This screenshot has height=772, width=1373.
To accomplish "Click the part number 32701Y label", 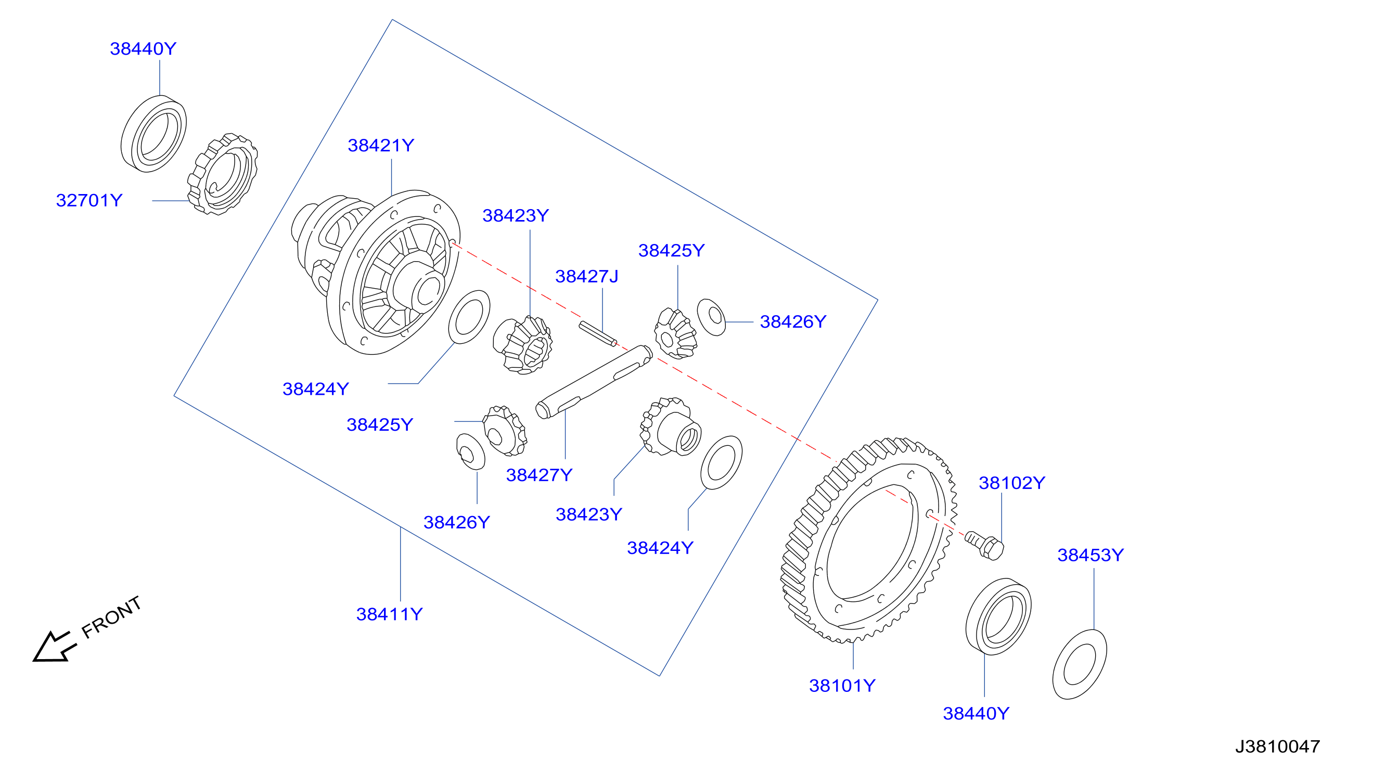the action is click(x=89, y=200).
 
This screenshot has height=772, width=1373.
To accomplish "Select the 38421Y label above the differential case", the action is click(x=380, y=146).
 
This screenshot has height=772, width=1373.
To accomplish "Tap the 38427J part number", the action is click(x=586, y=277).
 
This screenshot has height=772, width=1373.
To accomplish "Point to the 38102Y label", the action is click(x=1011, y=483).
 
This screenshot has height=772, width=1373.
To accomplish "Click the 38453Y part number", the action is click(x=1090, y=555).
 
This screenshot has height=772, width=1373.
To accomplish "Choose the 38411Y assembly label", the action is click(x=389, y=614).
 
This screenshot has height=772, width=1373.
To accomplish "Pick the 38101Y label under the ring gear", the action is click(x=842, y=686).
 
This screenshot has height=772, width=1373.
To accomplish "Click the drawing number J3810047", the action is click(x=1278, y=747).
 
